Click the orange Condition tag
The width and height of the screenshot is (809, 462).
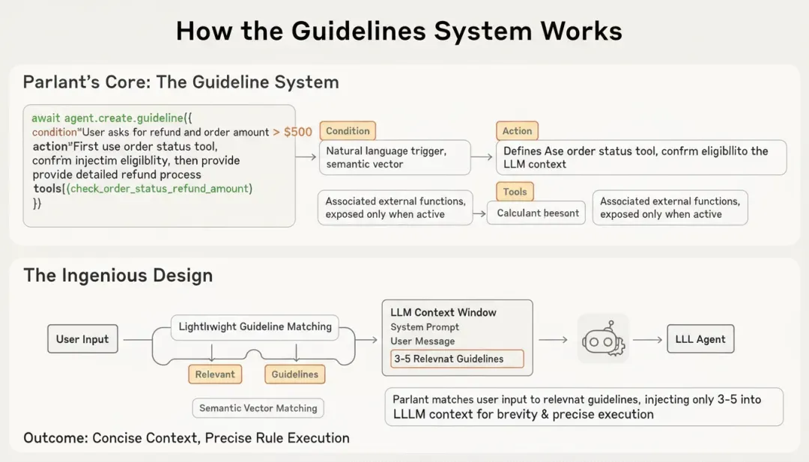[348, 131]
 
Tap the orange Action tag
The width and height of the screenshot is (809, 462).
[517, 131]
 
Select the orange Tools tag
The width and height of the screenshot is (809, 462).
[515, 192]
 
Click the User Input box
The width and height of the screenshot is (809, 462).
[82, 339]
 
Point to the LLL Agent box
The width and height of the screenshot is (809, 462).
[700, 339]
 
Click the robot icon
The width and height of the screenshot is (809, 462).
[604, 339]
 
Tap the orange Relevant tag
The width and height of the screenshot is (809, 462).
[215, 374]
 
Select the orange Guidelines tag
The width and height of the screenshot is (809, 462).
[294, 374]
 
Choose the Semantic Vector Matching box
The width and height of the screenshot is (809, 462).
[258, 408]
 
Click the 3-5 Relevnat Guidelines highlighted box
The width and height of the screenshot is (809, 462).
[457, 359]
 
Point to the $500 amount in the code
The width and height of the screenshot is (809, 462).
[297, 132]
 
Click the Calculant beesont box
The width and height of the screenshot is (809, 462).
[536, 213]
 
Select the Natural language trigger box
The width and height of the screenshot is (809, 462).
[395, 157]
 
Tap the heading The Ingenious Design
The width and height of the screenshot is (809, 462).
[118, 275]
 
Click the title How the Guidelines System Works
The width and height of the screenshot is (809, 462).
[399, 31]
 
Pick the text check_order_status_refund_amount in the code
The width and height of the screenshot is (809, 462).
[160, 189]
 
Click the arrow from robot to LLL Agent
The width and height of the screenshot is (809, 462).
[648, 339]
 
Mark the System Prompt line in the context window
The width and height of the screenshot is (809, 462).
[425, 327]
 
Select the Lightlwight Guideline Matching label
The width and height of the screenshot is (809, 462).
[255, 326]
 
